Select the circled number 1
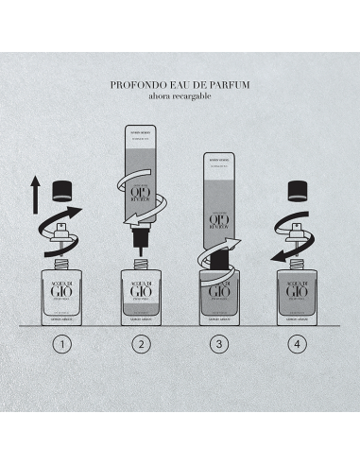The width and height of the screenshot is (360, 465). (63, 344)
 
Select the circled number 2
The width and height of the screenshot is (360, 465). (142, 344)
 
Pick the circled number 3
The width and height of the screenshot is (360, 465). (219, 344)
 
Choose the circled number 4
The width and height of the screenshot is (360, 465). (298, 344)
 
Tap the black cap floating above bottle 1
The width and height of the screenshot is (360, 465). (67, 189)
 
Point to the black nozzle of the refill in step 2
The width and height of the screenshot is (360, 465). (142, 249)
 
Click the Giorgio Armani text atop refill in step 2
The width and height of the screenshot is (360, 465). (142, 133)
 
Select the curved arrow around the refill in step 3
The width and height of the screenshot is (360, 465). (213, 236)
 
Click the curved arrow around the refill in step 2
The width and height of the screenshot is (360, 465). (142, 203)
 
